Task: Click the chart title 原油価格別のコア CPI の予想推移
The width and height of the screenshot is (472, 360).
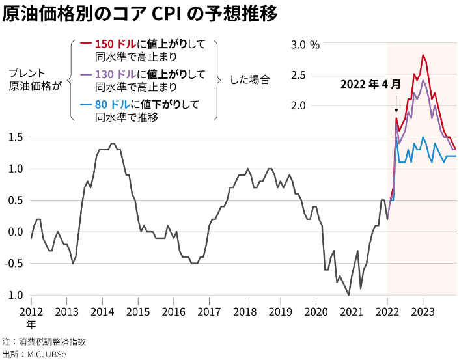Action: (140, 14)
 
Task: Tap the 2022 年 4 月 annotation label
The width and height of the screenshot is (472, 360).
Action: (371, 85)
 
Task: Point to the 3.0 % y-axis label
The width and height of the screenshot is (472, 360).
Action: (305, 45)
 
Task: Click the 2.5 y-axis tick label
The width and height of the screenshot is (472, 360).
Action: (298, 75)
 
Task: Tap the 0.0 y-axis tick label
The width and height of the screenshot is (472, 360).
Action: (16, 232)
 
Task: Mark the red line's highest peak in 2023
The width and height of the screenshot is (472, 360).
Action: (423, 55)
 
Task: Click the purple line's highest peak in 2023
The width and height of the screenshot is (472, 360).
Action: (423, 80)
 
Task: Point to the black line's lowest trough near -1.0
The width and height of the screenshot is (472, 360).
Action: (349, 295)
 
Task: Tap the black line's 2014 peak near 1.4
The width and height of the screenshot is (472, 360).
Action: (113, 143)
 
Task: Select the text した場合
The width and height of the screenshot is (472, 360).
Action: (250, 79)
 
